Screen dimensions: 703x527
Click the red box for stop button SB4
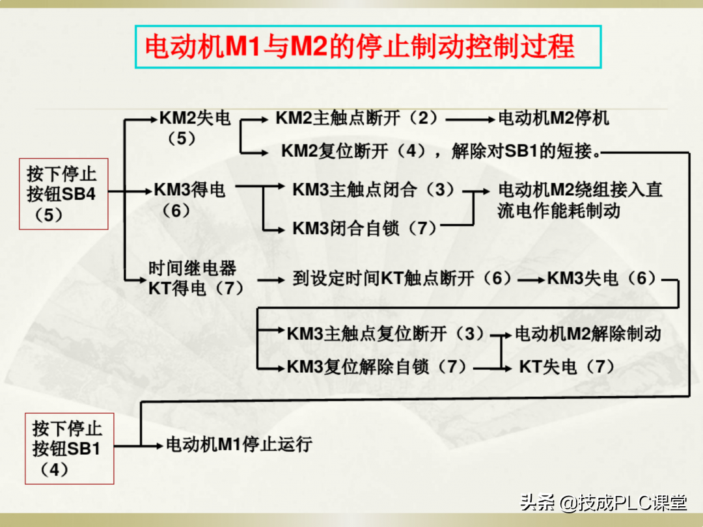point(62,193)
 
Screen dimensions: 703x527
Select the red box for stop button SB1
point(69,448)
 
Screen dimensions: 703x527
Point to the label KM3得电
point(190,190)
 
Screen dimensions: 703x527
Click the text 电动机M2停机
point(554,118)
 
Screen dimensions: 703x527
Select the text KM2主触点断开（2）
point(357,118)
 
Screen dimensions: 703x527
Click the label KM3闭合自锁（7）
point(365,228)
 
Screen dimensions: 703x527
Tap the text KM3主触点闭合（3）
point(373,190)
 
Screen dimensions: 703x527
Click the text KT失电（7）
point(566,367)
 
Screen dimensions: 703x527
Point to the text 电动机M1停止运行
point(240,445)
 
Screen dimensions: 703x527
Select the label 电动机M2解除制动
point(588,334)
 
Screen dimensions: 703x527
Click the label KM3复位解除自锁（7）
point(377,367)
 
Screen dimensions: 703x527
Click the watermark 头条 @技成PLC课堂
point(603,502)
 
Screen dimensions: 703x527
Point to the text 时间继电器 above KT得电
point(192,267)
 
